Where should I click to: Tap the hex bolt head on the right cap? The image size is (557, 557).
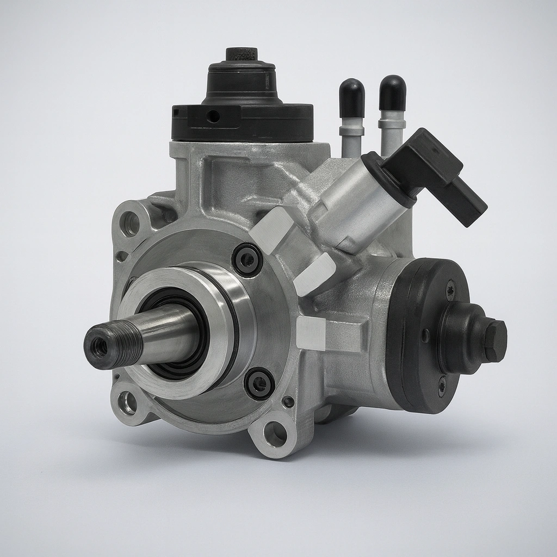click(x=496, y=341)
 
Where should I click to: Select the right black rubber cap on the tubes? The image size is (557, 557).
click(x=392, y=92)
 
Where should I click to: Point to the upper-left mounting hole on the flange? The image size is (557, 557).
click(x=130, y=224)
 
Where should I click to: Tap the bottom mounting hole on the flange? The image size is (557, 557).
click(x=274, y=434)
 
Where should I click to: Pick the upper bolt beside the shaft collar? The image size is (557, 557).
click(x=247, y=260)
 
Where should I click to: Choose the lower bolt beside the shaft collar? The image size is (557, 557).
click(x=259, y=383)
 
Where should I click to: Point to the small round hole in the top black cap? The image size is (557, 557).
click(x=214, y=116)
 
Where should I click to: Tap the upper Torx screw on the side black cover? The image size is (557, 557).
click(x=450, y=290)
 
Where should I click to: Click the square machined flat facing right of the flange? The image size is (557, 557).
click(x=311, y=333)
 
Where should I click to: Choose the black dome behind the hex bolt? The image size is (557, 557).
click(x=462, y=337)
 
